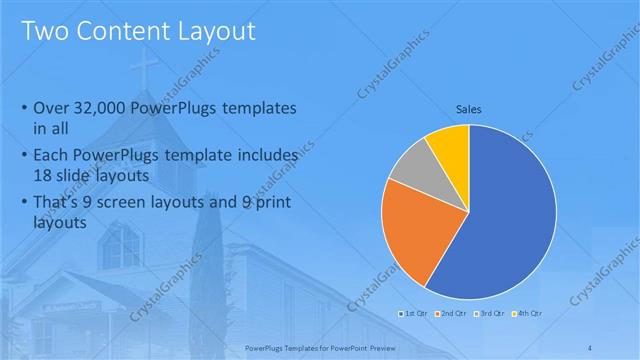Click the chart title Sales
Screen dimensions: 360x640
coord(469,108)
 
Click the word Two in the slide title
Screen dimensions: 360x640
coord(44,31)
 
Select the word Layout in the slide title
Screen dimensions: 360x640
coord(217,31)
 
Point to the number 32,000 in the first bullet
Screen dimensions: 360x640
coord(105,108)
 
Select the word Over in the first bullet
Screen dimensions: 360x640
coord(51,108)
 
